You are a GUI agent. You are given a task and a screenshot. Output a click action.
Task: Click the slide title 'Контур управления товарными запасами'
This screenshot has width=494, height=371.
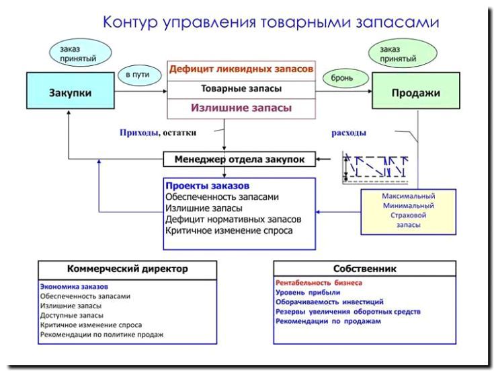(x=271, y=22)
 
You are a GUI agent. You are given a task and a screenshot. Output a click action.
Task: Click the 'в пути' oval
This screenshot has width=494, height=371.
(x=138, y=75)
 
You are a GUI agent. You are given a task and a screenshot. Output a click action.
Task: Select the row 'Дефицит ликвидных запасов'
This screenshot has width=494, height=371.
(x=241, y=69)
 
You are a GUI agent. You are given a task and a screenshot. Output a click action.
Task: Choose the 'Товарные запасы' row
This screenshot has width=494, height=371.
(x=241, y=88)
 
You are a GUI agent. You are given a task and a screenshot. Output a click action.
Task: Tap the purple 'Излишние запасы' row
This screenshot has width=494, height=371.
(x=241, y=107)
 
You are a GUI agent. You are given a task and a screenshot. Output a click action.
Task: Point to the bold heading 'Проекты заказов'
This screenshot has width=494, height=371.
(x=206, y=185)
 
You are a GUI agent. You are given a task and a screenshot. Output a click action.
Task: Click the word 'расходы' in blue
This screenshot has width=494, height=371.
(x=349, y=133)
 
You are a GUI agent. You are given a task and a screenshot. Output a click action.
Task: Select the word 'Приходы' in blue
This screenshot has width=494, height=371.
(x=139, y=133)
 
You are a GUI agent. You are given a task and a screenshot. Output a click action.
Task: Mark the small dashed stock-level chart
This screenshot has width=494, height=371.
(x=377, y=167)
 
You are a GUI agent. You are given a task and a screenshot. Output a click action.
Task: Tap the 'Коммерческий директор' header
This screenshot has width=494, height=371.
(x=127, y=269)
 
